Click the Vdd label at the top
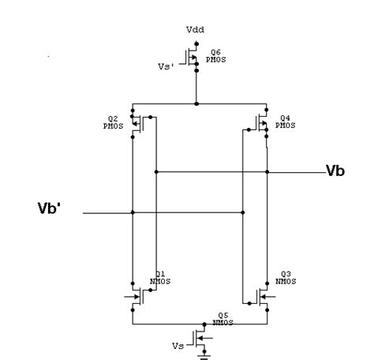[195, 29]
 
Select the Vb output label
[335, 171]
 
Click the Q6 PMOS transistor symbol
[192, 58]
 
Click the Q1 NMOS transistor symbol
[138, 297]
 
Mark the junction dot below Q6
[196, 103]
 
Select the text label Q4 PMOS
[286, 121]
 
